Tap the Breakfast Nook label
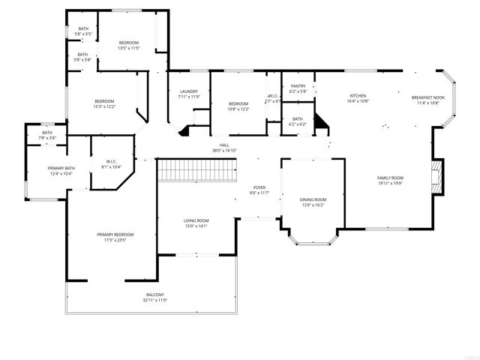(427, 97)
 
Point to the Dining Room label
(313, 199)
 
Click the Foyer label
(259, 187)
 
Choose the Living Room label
(196, 220)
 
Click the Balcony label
(155, 295)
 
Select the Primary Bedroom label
(111, 235)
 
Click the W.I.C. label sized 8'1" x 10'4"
(111, 161)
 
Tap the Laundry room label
(189, 91)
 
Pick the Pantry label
(297, 86)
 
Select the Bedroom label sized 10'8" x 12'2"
(238, 103)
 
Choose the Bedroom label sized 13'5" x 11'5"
(128, 43)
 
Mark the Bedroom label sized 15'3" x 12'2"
(104, 101)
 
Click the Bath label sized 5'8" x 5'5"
(82, 29)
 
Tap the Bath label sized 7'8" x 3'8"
(47, 133)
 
